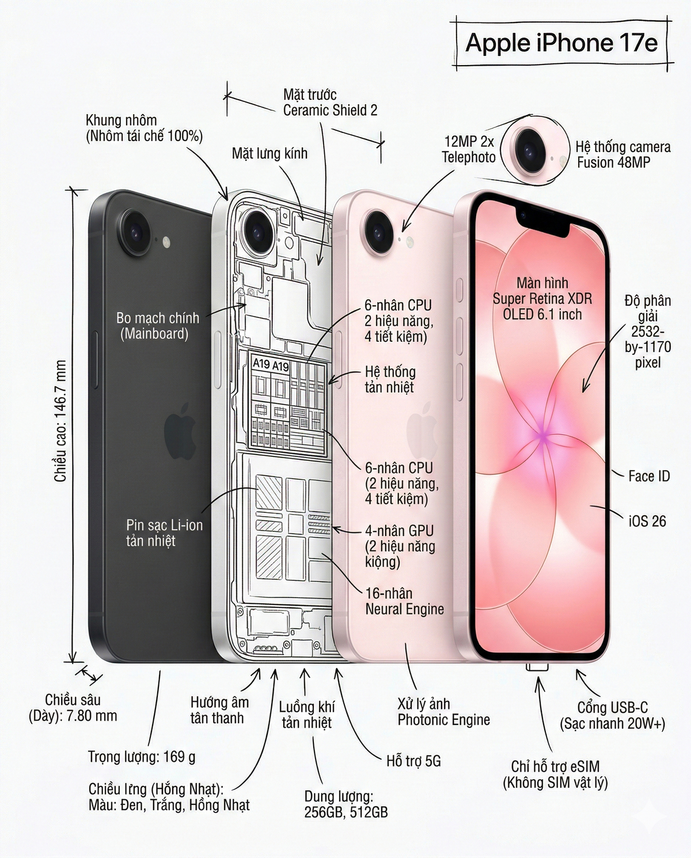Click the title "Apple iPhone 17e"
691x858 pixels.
561,43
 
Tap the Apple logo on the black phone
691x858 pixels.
180,431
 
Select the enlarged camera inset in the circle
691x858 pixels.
535,151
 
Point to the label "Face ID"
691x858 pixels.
649,476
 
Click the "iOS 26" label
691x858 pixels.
647,521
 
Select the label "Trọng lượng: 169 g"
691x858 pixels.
142,757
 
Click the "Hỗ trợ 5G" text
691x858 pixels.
413,761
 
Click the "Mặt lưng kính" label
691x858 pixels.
270,153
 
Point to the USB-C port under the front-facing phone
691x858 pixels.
537,667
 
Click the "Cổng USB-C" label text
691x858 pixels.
613,708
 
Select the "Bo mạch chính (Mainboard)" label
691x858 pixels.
157,326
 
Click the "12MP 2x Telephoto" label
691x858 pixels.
469,149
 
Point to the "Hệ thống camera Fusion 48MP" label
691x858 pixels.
623,154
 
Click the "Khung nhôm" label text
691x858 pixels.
121,120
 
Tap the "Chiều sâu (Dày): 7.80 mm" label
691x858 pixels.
73,708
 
